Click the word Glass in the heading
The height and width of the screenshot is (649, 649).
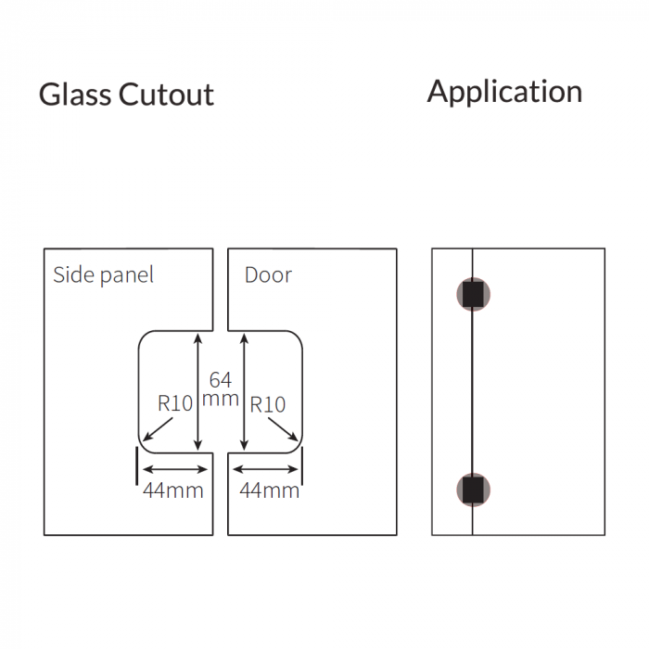[75, 95]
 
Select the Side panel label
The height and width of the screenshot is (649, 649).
[103, 274]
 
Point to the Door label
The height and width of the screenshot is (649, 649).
[268, 274]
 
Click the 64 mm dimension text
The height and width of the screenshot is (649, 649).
[221, 389]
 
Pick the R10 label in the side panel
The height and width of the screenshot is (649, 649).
[174, 404]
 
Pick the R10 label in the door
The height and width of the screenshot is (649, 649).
[268, 404]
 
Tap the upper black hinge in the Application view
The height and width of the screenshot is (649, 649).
[473, 294]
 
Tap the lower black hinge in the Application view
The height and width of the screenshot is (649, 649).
[473, 490]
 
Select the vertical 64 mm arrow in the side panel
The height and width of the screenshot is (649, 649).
[197, 393]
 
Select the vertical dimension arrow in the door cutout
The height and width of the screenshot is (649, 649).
[243, 393]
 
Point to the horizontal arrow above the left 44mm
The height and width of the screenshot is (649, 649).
[173, 469]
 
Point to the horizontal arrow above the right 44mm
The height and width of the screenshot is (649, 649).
[266, 469]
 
